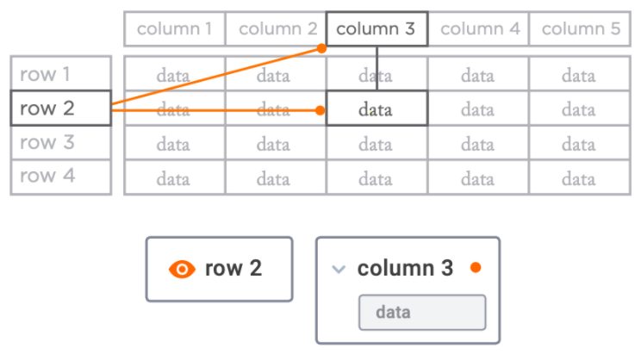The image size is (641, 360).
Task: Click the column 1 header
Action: (175, 29)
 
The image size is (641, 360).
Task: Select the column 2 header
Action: (276, 29)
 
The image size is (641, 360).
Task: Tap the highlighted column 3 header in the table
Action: (377, 29)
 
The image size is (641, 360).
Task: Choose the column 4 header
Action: (478, 29)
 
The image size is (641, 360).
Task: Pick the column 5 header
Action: (580, 29)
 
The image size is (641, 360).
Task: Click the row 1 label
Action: (61, 73)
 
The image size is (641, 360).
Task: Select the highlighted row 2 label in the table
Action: (61, 108)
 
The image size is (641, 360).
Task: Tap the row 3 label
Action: (61, 142)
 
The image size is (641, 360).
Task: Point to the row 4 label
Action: (61, 177)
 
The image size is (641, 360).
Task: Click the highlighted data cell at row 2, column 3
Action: (377, 109)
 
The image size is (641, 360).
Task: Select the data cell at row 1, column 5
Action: (580, 74)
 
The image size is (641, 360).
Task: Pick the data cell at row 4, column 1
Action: (175, 177)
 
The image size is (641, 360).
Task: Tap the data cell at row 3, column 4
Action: (478, 143)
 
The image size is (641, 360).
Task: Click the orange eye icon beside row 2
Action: (182, 270)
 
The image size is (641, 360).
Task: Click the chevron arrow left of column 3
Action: (339, 269)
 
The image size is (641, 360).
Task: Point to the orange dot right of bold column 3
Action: (476, 268)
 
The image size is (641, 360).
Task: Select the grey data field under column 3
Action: (422, 312)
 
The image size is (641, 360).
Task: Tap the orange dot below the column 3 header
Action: (321, 48)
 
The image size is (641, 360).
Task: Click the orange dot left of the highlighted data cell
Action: (320, 110)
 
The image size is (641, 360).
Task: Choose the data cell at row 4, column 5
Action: (580, 177)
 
